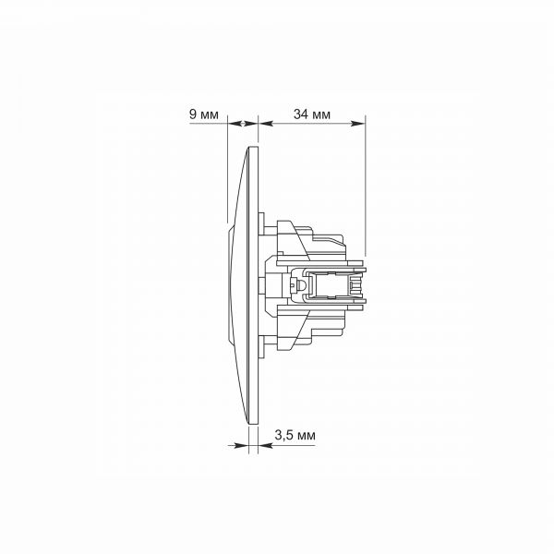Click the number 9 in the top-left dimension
pos(193,114)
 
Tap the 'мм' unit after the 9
pos(210,115)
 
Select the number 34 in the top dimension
pos(301,114)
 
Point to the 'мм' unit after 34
pos(321,115)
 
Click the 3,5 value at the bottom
pos(284,435)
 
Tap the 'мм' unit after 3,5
pos(307,437)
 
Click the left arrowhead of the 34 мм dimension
pos(265,124)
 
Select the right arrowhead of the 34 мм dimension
pos(357,124)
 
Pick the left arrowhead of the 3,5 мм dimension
pos(242,446)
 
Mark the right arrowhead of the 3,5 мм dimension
pos(265,446)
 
